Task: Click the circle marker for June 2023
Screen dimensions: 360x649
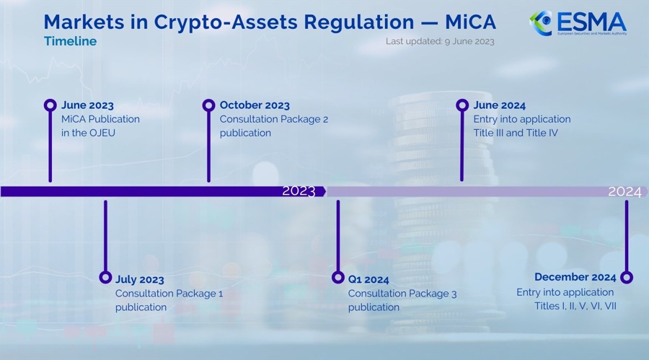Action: tap(50, 105)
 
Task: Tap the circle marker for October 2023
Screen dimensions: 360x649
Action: tap(208, 105)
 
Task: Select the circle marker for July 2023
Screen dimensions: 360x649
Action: tap(105, 278)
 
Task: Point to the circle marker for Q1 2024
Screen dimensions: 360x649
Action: tap(337, 278)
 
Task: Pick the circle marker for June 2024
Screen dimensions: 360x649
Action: tap(462, 105)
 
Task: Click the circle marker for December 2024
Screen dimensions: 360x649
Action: tap(626, 277)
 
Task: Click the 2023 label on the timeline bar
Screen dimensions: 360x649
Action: tap(299, 191)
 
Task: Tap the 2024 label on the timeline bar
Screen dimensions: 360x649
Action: tap(624, 191)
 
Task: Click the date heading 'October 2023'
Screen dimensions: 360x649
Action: tap(255, 105)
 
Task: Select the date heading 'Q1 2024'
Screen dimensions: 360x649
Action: tap(368, 279)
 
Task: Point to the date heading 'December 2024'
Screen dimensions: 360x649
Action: tap(575, 277)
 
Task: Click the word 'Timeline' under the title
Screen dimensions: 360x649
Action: tap(70, 41)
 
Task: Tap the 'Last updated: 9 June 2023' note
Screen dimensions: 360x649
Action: tap(440, 41)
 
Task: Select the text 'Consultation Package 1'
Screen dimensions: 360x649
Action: tap(169, 294)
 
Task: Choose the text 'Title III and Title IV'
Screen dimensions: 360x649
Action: tap(516, 133)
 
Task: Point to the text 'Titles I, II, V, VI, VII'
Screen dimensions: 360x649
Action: tap(570, 307)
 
